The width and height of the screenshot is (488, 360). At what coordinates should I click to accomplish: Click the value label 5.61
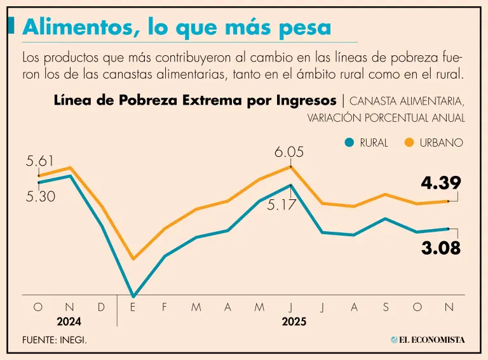pyautogui.click(x=39, y=161)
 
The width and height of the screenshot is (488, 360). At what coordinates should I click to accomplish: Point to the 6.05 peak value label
pyautogui.click(x=289, y=152)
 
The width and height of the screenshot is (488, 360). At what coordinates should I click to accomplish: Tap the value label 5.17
pyautogui.click(x=281, y=205)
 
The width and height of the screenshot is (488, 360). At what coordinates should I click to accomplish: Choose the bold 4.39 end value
pyautogui.click(x=440, y=183)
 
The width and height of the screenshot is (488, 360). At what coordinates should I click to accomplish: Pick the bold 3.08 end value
pyautogui.click(x=440, y=248)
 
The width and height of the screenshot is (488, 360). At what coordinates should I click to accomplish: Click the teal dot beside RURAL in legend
pyautogui.click(x=348, y=143)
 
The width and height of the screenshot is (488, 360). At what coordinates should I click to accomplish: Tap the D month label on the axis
pyautogui.click(x=101, y=307)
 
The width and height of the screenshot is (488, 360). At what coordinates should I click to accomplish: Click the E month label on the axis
pyautogui.click(x=133, y=307)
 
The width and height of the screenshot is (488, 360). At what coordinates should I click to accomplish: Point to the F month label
pyautogui.click(x=164, y=307)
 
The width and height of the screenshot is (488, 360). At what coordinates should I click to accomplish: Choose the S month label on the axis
pyautogui.click(x=386, y=307)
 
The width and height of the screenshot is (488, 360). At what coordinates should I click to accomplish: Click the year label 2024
pyautogui.click(x=69, y=322)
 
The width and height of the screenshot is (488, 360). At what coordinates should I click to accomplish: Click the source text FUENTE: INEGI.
pyautogui.click(x=55, y=340)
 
